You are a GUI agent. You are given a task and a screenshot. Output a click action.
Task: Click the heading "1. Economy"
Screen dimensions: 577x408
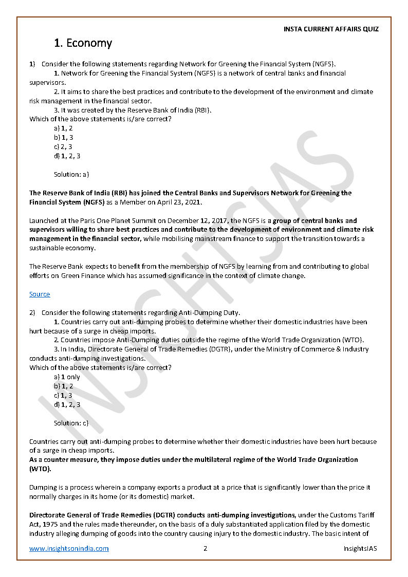83,43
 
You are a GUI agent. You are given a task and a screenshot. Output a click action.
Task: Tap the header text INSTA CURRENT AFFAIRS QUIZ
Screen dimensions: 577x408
331,29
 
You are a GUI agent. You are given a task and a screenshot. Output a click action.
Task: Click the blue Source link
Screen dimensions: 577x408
40,294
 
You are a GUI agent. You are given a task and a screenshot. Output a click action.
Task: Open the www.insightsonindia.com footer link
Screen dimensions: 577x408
69,548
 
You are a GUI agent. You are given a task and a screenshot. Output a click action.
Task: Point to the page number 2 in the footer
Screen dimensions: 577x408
205,548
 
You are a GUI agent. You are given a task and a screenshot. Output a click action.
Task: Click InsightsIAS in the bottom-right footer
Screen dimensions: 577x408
360,548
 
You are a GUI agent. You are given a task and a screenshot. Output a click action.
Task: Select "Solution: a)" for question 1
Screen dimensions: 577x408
71,175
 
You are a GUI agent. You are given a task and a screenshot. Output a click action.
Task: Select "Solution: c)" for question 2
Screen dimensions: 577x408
71,423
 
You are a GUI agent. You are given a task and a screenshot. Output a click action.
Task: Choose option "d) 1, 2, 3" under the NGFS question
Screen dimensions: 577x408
67,156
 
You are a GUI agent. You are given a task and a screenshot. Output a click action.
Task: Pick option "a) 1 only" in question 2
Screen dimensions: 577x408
67,377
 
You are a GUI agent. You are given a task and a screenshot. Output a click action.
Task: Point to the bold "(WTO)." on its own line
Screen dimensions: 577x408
40,469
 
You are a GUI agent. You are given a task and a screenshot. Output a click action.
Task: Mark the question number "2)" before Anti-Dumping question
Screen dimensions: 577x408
32,312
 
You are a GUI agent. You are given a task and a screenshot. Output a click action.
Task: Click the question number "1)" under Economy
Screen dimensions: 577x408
32,64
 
